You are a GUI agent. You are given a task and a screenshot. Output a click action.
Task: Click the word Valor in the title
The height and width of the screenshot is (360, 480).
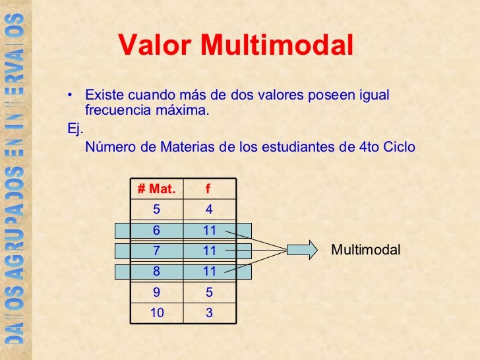(x=156, y=45)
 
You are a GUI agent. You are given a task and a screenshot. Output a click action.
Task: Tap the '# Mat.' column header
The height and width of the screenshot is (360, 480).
(x=156, y=189)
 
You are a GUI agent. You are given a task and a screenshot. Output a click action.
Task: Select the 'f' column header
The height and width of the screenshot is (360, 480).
(x=208, y=189)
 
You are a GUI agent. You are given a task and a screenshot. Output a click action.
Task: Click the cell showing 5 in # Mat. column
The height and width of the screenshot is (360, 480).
(x=156, y=210)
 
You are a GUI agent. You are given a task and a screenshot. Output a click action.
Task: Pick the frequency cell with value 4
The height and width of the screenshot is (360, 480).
(x=209, y=210)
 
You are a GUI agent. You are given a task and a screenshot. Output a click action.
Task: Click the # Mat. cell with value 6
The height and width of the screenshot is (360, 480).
(x=156, y=230)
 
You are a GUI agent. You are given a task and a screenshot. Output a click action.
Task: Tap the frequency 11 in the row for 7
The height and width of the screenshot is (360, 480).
(x=210, y=251)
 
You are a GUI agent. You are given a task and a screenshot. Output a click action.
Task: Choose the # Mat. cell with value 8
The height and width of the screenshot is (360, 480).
(x=156, y=271)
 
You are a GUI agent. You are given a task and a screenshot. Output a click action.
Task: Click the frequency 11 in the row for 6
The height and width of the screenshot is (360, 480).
(x=210, y=230)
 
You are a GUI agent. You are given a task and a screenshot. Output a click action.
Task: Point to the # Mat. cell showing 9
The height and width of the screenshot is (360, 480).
(x=156, y=292)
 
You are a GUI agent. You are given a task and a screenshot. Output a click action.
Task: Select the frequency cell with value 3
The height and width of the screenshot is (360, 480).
(x=209, y=313)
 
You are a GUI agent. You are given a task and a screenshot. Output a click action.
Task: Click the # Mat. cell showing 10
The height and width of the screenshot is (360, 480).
(x=156, y=313)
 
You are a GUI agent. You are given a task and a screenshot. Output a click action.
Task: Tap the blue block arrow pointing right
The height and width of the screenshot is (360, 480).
(x=303, y=250)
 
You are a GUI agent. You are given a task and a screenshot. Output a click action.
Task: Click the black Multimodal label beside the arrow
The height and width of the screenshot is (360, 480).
(x=365, y=250)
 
